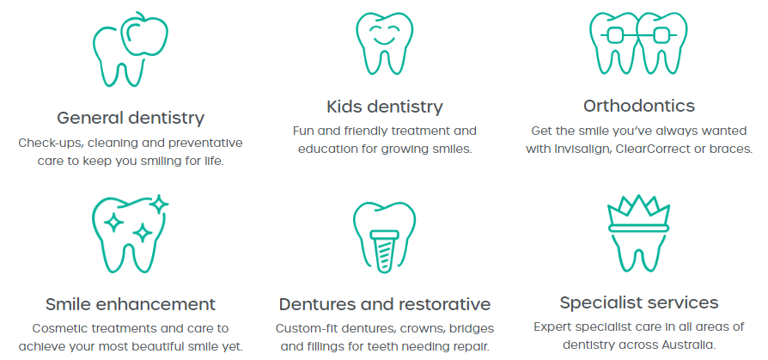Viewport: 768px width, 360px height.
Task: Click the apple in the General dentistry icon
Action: [x=144, y=34]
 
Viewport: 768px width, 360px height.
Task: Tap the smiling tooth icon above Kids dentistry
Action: [x=385, y=44]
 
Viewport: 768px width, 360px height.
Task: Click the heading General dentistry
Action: [x=131, y=118]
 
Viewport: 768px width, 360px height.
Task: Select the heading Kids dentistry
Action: [x=385, y=107]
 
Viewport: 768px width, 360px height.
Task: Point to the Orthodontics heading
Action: [x=638, y=106]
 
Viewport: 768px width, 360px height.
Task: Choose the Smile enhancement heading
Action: [x=131, y=304]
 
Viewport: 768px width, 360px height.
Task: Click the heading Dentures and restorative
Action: [x=385, y=304]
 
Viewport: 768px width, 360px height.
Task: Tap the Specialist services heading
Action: [x=638, y=302]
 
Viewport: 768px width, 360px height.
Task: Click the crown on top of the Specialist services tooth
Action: [x=638, y=214]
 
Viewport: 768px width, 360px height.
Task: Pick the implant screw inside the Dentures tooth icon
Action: [x=385, y=251]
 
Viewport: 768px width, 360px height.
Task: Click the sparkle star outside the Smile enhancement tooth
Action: [x=159, y=204]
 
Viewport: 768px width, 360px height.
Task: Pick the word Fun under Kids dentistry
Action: [x=303, y=131]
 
